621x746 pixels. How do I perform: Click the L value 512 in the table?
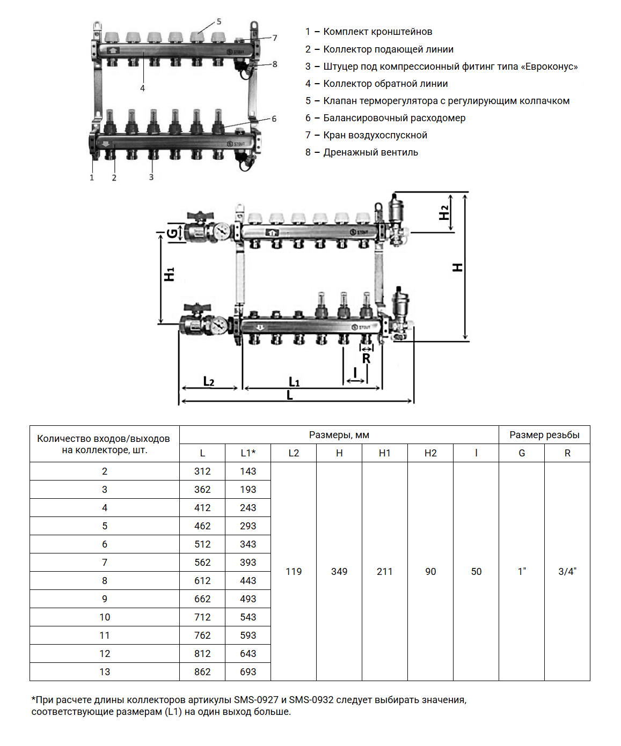pos(202,544)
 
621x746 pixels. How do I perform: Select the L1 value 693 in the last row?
pos(248,672)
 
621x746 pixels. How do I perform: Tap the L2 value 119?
pos(294,572)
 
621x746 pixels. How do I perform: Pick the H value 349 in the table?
pos(339,572)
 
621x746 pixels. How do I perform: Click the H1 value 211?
pos(385,572)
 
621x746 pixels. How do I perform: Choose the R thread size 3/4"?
pos(567,572)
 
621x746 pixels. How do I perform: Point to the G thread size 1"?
pos(522,572)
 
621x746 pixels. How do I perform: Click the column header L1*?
pos(248,453)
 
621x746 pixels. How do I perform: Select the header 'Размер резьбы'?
pos(544,435)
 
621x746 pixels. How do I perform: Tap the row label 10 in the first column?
pos(105,617)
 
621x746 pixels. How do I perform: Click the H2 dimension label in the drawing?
pos(444,212)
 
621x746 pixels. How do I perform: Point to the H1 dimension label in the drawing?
pos(170,274)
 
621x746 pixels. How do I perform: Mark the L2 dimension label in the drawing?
pos(209,381)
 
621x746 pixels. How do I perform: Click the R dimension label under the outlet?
pos(366,359)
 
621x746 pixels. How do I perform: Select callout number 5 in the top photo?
pos(219,22)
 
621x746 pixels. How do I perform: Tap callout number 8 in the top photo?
pos(275,64)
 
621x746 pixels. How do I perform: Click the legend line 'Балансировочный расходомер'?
pos(394,118)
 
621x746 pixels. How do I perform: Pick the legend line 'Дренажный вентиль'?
pos(370,152)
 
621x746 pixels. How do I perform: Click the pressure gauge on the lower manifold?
pos(219,325)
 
